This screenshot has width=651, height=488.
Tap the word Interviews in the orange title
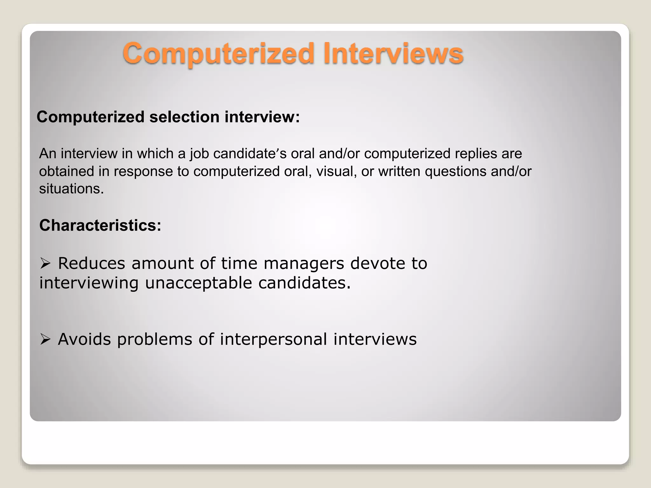(x=393, y=53)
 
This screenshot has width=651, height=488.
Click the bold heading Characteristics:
(x=100, y=226)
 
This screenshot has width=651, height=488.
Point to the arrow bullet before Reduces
(x=45, y=263)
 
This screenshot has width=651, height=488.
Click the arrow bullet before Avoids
(x=45, y=339)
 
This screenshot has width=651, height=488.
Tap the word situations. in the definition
(x=72, y=189)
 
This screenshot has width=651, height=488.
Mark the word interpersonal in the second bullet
(x=273, y=339)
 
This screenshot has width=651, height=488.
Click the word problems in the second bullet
(x=154, y=339)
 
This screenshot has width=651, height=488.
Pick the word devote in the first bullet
(x=377, y=263)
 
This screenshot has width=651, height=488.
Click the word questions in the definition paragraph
(x=455, y=172)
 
